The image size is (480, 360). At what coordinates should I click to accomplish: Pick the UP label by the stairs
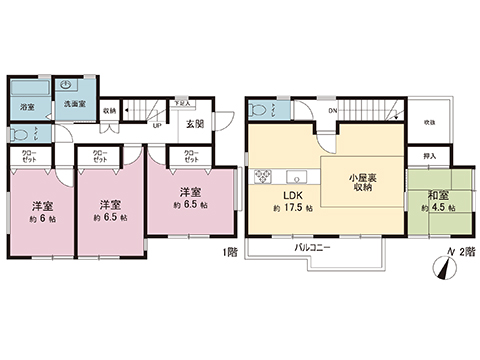(156, 125)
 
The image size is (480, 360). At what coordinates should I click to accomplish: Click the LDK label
(291, 194)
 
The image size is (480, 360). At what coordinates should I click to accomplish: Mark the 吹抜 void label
(429, 121)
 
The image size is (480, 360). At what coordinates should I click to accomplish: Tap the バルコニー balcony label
(312, 246)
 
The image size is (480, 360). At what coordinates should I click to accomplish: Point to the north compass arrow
(442, 267)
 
